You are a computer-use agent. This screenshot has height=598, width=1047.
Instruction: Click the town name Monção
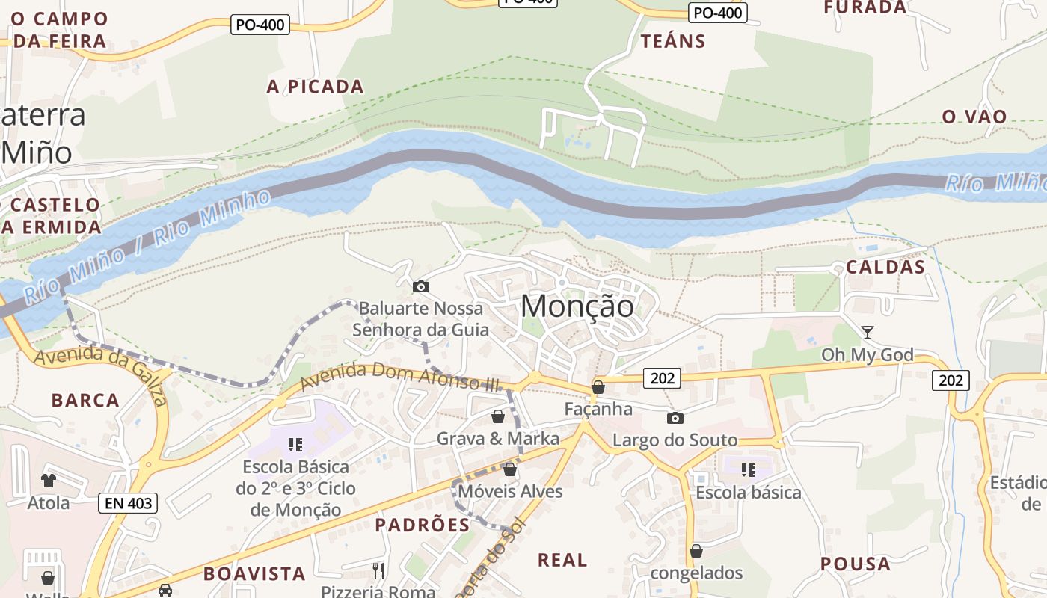(577, 306)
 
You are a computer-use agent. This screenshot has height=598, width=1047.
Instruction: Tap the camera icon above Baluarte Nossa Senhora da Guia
(421, 286)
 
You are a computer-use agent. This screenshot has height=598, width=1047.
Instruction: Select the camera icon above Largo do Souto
(675, 418)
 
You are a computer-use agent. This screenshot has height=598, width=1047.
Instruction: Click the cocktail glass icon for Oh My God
(868, 332)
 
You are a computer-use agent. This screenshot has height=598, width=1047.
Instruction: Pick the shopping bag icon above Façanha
(598, 387)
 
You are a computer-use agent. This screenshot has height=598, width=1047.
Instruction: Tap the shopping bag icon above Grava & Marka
(498, 416)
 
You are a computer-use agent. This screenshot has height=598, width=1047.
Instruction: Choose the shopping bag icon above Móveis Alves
(510, 469)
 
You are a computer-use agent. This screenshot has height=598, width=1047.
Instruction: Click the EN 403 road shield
(128, 503)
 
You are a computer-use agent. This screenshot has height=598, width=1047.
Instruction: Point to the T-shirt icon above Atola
(49, 480)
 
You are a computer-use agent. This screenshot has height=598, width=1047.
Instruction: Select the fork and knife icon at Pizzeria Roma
(378, 571)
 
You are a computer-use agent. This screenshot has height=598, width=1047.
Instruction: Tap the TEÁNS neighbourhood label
(673, 41)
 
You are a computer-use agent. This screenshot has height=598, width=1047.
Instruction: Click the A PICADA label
(315, 87)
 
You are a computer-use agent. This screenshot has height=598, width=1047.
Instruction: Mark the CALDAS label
(885, 267)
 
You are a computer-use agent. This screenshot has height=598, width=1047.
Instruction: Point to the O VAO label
(974, 117)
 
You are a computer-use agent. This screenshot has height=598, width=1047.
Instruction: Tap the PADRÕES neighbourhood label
(423, 525)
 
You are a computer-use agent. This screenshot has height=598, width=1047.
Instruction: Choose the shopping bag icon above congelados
(696, 551)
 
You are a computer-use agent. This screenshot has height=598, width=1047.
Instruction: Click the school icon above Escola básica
(748, 470)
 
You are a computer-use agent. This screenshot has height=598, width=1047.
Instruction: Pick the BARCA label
(85, 400)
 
